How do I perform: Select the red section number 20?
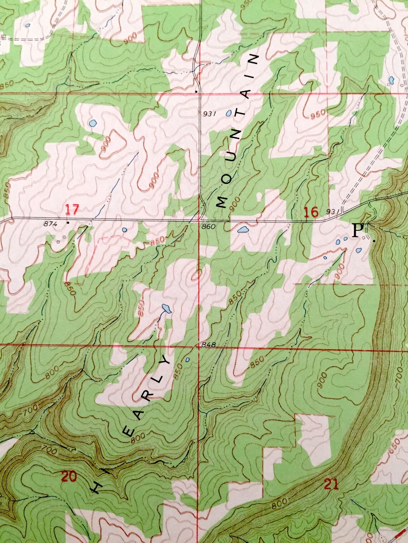pos(69,477)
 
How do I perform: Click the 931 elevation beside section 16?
pos(332,211)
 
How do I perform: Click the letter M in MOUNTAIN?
pos(222,202)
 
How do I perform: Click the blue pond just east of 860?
pos(244,229)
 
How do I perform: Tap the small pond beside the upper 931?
pos(229,113)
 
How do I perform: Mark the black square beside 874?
pos(68,223)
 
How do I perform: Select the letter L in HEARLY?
pos(156,378)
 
